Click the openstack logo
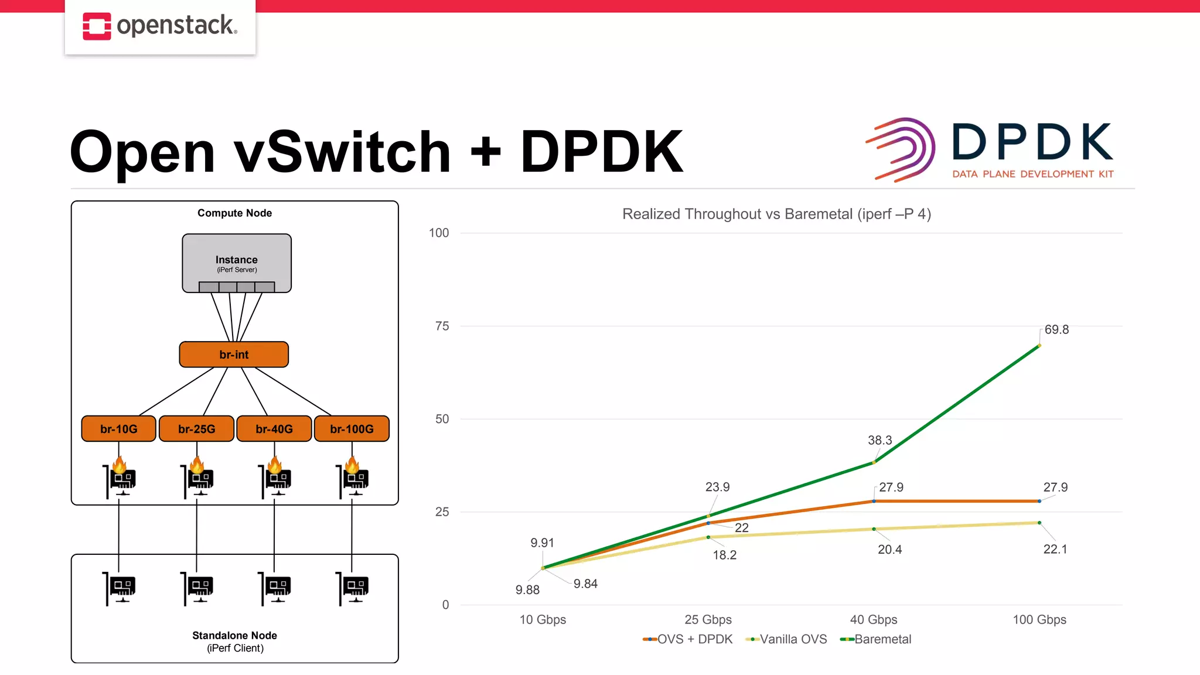(x=160, y=26)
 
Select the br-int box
(x=234, y=354)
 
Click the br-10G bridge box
(x=119, y=429)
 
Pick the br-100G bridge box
(x=352, y=429)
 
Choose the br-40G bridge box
(x=274, y=429)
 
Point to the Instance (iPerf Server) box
(x=237, y=263)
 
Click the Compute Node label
(x=234, y=213)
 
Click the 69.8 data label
(x=1056, y=330)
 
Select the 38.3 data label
(x=879, y=441)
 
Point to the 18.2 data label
(x=724, y=555)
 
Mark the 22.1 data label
(x=1055, y=550)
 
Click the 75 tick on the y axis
(x=442, y=326)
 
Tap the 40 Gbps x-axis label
(x=874, y=620)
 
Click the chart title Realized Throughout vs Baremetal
(x=776, y=214)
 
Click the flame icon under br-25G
(x=197, y=465)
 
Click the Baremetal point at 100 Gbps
(x=1039, y=346)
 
